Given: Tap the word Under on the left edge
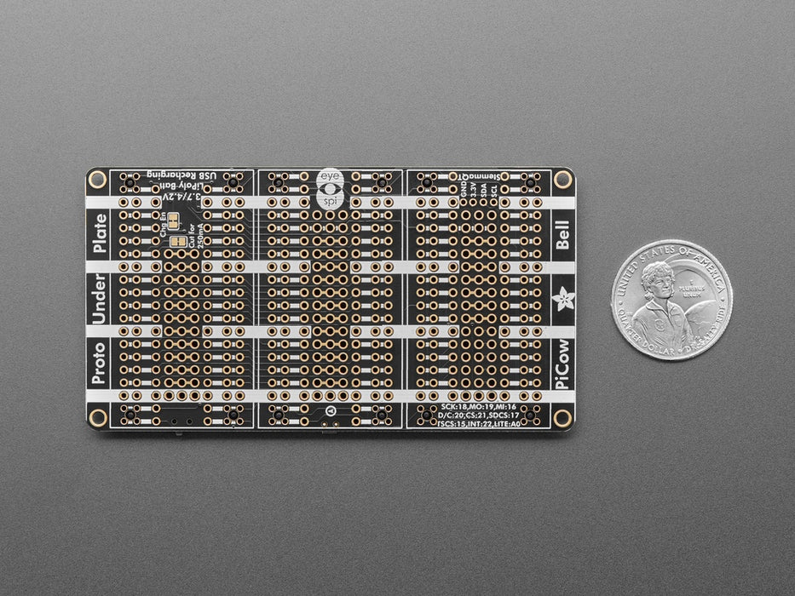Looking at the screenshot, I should pos(100,298).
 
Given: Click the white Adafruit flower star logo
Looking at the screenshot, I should pos(562,300).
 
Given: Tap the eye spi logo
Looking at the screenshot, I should pos(329,189).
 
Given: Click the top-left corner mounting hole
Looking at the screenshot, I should pos(97,180).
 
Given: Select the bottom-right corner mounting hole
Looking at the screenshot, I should pos(562,417).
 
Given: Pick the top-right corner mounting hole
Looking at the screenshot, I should pos(562,180).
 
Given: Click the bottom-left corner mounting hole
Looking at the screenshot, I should pos(97,417).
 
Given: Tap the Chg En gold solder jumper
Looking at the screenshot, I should pos(175,221).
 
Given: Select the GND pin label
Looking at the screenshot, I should pos(464,188).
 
